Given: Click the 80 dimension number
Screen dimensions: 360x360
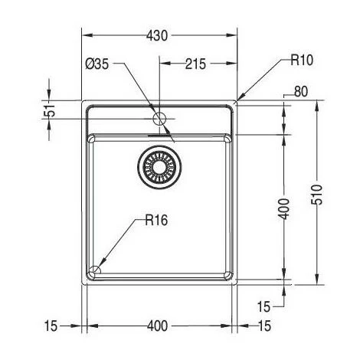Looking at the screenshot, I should [300, 91].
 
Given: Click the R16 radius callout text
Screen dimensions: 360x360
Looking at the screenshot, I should [155, 221].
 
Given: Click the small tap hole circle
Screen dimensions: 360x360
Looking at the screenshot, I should [160, 119].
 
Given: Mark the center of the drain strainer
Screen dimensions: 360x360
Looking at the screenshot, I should [160, 166].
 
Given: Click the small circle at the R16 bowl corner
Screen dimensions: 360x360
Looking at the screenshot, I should [95, 270].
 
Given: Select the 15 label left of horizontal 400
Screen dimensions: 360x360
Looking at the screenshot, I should [51, 326].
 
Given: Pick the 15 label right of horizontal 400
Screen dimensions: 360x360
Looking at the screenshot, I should [264, 326].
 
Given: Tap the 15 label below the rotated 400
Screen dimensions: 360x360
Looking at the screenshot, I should [264, 306].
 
